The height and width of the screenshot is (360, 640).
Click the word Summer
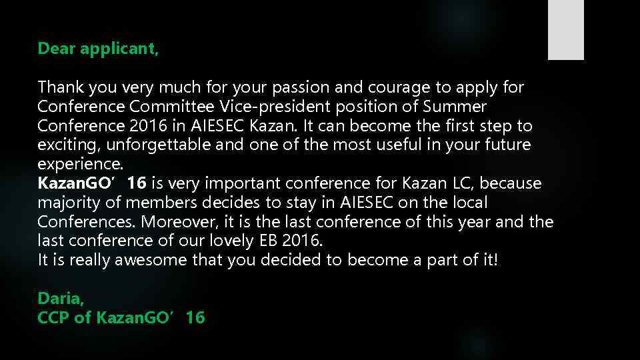(459, 107)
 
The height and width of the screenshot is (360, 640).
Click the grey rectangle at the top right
(565, 30)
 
